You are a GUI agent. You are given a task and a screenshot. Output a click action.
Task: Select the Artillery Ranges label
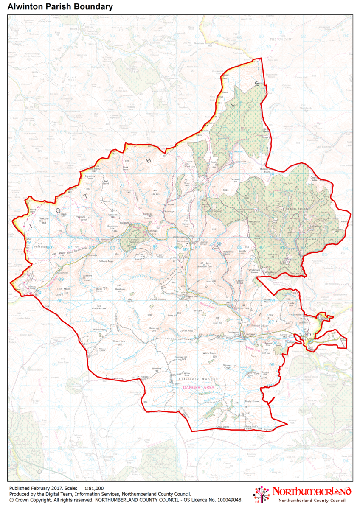(x=198, y=379)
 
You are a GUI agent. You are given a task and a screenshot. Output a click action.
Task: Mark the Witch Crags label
(x=210, y=354)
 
